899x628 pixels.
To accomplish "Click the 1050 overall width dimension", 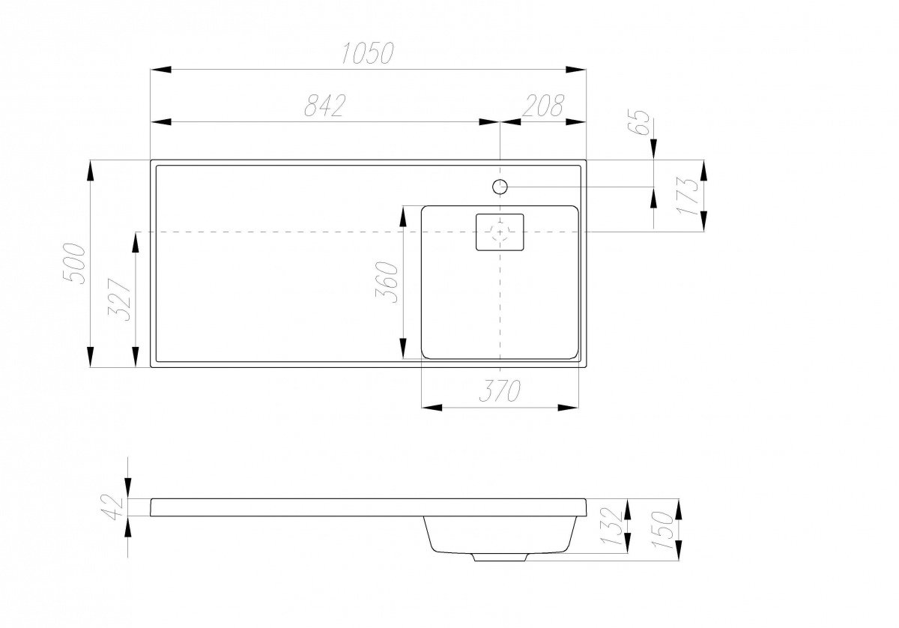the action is pos(368,53).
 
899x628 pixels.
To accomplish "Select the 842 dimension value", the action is pos(324,106).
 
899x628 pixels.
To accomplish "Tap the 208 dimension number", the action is pos(543,106).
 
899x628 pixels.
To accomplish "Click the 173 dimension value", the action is pos(687,196).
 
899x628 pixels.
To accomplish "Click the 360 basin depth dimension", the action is pos(386,282).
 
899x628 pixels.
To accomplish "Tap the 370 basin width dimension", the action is pos(500,390).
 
